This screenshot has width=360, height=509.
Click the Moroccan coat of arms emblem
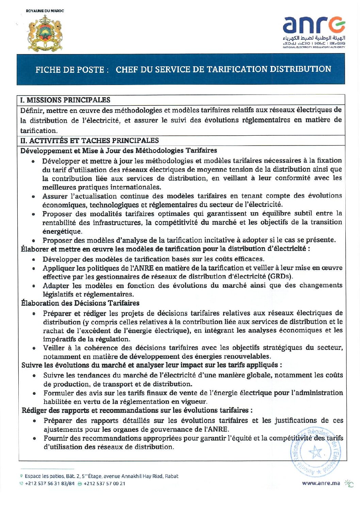(x=45, y=33)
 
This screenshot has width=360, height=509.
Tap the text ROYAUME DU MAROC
(x=45, y=11)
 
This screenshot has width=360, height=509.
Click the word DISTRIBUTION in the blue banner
(x=300, y=69)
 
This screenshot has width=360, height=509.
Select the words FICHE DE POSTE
(x=70, y=70)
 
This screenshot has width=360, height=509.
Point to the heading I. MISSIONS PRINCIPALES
(x=65, y=100)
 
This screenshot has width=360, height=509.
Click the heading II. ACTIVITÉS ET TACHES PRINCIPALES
(x=89, y=141)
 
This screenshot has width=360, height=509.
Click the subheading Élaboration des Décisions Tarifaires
(x=80, y=303)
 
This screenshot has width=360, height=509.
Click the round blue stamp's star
(x=315, y=452)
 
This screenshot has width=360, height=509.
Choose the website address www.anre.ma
(x=321, y=483)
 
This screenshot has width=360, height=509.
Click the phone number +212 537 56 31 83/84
(x=49, y=483)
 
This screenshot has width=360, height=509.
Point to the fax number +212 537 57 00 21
(x=104, y=483)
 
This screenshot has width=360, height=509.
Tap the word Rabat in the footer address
(x=171, y=476)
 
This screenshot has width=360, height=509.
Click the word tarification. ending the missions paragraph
(x=39, y=131)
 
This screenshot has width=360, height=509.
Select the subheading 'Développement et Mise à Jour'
(x=118, y=151)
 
